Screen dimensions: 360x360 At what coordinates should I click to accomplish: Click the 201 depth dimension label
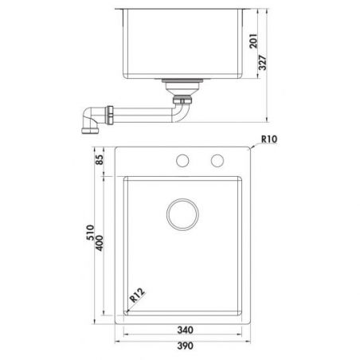(253, 41)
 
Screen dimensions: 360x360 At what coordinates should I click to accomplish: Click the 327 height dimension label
(262, 63)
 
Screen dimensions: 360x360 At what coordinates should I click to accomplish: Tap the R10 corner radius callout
(269, 139)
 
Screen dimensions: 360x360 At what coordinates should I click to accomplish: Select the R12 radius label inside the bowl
(137, 295)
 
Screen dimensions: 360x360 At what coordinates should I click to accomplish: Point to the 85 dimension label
(100, 159)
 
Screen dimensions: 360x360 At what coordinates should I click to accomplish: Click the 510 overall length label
(90, 233)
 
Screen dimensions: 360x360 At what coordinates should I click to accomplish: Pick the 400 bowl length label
(100, 243)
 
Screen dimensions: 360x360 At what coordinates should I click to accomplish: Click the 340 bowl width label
(185, 330)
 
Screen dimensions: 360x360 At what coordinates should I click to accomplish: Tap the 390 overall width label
(185, 346)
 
